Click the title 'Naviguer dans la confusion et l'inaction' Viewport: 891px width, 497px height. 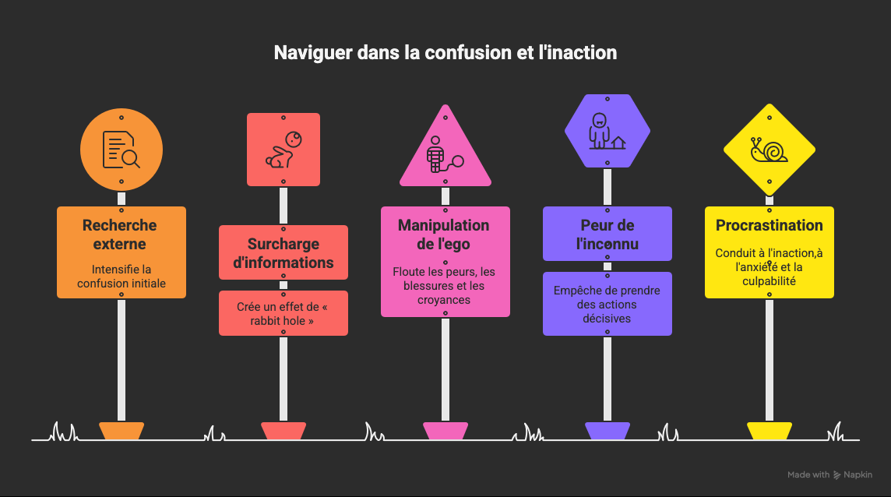(x=445, y=53)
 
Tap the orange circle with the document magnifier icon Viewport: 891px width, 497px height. (x=121, y=149)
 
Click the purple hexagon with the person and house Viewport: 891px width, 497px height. (x=607, y=131)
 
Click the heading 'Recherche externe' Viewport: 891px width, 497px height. (x=120, y=234)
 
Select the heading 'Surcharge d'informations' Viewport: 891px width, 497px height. (x=283, y=253)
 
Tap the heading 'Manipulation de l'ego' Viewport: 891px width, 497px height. (x=444, y=234)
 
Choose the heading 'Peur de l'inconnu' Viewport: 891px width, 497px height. (x=607, y=234)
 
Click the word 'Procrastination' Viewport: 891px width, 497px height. (x=769, y=226)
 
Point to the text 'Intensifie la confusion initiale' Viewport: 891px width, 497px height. (x=121, y=277)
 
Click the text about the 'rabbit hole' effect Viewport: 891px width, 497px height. (x=283, y=313)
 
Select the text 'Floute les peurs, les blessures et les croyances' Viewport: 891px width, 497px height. (x=445, y=285)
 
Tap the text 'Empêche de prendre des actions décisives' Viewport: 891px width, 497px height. (x=607, y=304)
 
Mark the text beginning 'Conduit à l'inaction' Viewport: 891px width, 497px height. (x=769, y=266)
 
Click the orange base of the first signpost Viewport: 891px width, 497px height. (x=121, y=430)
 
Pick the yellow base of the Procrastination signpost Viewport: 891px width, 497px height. (x=769, y=430)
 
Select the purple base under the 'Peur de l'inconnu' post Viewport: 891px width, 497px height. (x=607, y=430)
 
